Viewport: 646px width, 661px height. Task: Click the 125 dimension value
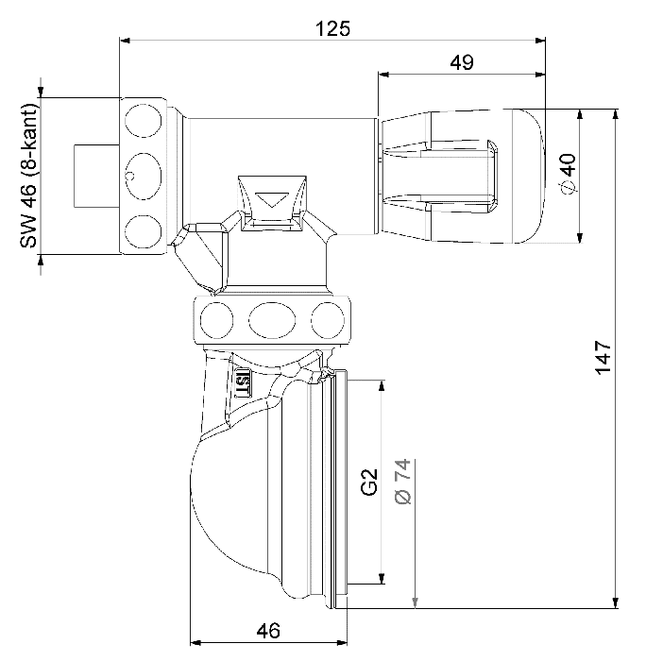pos(332,28)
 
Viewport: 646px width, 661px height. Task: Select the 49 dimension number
pos(462,62)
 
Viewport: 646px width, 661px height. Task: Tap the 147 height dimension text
pos(603,357)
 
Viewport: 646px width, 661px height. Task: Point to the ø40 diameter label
pos(569,173)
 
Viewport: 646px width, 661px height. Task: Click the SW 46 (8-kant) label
pos(29,176)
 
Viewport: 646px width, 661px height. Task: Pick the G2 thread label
pos(369,482)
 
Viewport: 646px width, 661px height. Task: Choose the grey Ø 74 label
pos(403,481)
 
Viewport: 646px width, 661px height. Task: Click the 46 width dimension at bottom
pos(268,631)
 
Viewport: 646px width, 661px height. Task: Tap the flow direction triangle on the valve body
pos(272,199)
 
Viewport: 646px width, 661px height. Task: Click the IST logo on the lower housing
pos(243,382)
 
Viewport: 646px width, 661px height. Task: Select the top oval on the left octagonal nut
pos(144,121)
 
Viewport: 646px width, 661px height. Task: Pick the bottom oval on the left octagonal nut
pos(144,232)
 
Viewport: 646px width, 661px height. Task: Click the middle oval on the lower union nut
pos(272,320)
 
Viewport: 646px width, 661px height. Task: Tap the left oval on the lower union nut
pos(216,320)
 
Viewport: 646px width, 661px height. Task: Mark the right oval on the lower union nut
pos(328,320)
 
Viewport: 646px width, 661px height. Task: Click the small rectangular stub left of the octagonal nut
pos(96,177)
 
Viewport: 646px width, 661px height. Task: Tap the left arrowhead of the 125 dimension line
pos(125,41)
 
